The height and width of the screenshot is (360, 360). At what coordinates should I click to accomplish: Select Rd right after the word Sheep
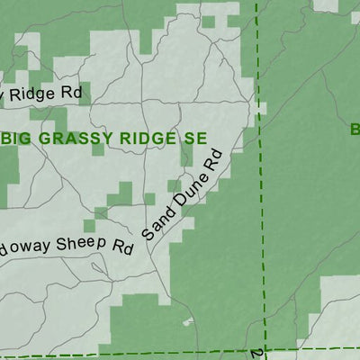click(x=122, y=247)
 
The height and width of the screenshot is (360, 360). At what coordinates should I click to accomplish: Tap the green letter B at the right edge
click(x=355, y=130)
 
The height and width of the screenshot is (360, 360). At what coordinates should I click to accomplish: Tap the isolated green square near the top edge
click(x=208, y=21)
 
